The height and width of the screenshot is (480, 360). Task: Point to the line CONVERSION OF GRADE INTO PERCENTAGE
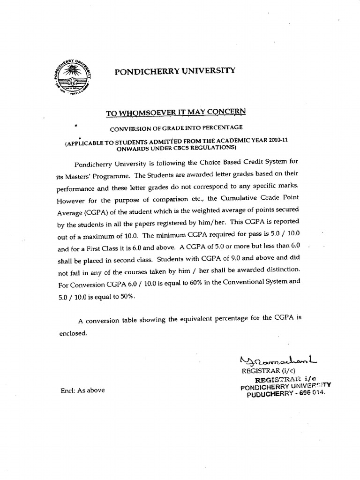176,127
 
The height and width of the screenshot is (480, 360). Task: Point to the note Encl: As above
82,390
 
